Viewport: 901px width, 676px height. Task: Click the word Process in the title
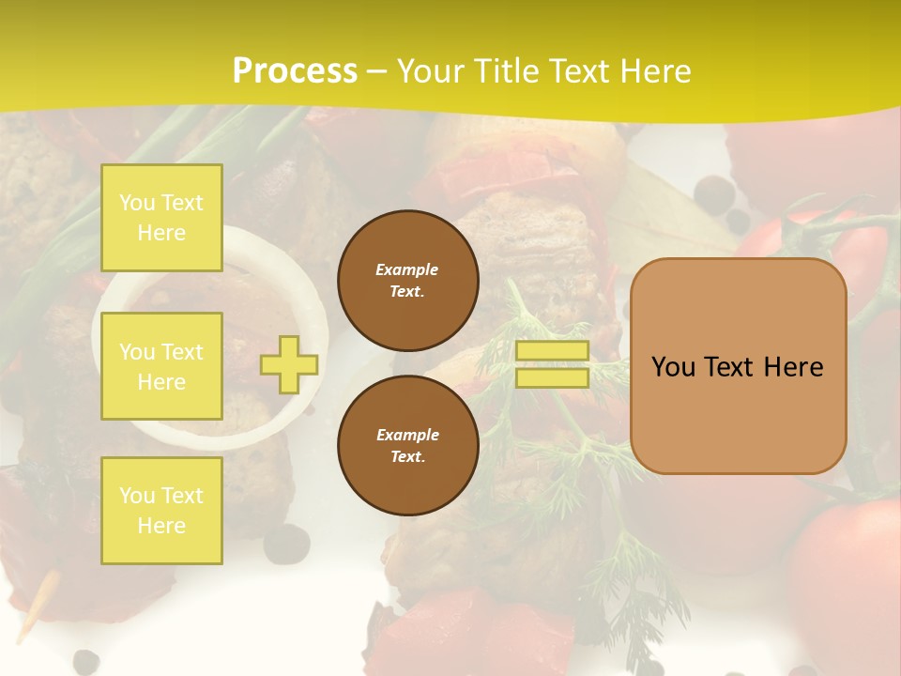tap(295, 71)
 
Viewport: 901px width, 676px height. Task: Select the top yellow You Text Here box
tap(161, 218)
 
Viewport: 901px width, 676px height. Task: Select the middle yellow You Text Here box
tap(161, 366)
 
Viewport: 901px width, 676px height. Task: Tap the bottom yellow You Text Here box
tap(161, 511)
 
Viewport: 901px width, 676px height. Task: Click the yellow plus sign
tap(288, 364)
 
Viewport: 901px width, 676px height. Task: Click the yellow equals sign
tap(552, 364)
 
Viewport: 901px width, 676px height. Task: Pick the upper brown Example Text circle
tap(407, 281)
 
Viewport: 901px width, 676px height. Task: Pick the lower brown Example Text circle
tap(407, 446)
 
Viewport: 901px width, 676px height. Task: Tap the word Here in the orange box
tap(793, 367)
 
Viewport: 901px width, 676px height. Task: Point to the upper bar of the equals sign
tap(552, 351)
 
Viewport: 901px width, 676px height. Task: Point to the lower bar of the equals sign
tap(552, 377)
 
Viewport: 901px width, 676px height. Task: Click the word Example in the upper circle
tap(407, 269)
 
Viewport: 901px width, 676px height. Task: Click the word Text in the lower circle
tap(407, 457)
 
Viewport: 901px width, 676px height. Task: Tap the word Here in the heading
tap(652, 71)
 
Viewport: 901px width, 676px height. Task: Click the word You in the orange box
tap(674, 367)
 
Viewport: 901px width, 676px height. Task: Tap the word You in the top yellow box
tap(137, 203)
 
